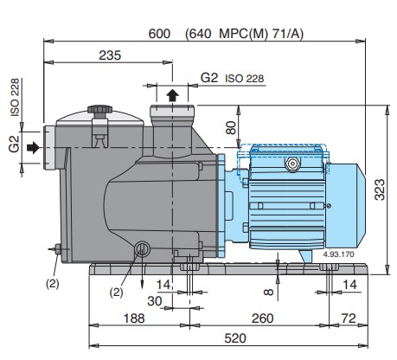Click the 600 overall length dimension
coord(159,34)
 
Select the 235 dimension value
coord(110,55)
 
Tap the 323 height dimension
coord(380,190)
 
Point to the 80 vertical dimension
coord(231,128)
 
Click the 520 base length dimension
coord(235,338)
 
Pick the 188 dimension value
coord(134,318)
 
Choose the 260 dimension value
coord(262,318)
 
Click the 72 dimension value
coord(349,318)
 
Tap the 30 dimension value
coord(155,301)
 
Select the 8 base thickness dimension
coord(268,292)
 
